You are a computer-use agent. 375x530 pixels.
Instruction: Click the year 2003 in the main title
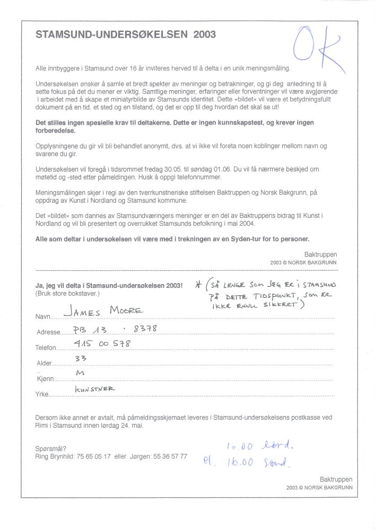click(x=205, y=34)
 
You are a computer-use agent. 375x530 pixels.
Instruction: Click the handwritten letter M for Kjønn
click(x=81, y=375)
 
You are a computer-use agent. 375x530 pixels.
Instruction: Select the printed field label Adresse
click(x=48, y=333)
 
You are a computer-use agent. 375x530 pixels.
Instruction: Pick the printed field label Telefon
click(x=47, y=349)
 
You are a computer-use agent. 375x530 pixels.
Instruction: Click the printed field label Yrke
click(x=42, y=395)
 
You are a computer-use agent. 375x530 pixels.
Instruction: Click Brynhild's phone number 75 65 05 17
click(x=94, y=456)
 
